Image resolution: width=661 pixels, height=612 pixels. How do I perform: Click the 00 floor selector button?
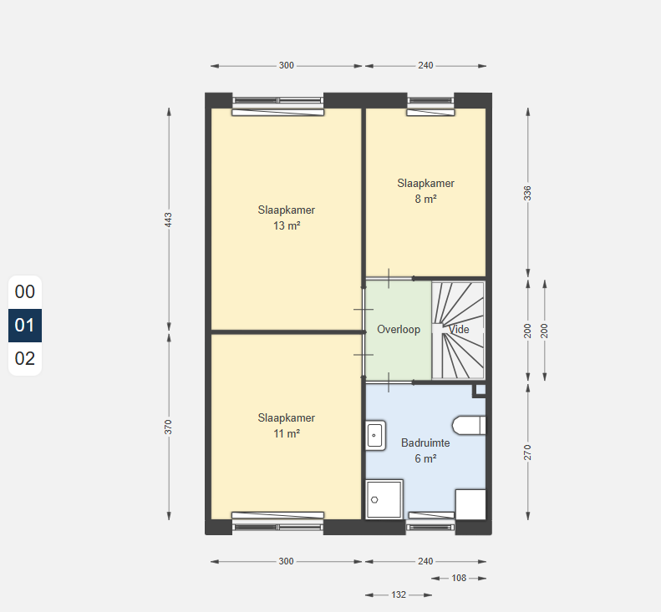25,292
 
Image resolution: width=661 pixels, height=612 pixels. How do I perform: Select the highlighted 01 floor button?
25,325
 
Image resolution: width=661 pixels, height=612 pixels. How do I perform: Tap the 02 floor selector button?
25,358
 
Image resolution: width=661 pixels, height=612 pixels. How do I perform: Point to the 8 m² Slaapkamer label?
426,191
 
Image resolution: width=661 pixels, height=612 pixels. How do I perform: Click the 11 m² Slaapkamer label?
287,426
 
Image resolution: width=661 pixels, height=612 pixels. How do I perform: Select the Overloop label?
399,329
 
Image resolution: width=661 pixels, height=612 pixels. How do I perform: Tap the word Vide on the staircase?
459,329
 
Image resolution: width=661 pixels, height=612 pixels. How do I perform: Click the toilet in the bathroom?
469,426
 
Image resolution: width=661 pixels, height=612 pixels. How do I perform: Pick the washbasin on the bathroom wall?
375,436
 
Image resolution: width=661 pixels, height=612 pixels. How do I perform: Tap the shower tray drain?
374,500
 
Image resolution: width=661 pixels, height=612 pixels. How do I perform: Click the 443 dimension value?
168,220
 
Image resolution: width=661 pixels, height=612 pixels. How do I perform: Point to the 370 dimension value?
168,427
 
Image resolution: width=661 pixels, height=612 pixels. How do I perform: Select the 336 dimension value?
527,194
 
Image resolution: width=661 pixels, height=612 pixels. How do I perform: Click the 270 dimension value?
527,453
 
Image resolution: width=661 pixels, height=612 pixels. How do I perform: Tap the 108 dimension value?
459,579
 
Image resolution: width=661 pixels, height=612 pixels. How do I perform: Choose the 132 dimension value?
399,594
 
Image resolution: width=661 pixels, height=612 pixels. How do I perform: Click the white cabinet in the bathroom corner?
470,504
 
